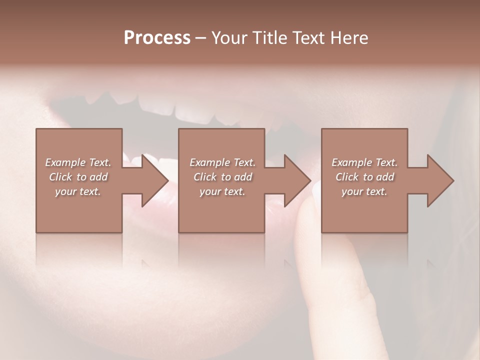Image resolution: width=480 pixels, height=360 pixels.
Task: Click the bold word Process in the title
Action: pos(157,38)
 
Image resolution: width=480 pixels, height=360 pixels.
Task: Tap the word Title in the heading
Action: pos(269,38)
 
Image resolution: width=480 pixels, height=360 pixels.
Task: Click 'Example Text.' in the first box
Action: pos(78,162)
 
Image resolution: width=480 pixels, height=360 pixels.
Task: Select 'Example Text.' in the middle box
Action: pos(222,162)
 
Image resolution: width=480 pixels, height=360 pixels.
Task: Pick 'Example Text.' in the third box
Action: pos(364,162)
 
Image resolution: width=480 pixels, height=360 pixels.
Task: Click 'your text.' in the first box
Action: pos(78,191)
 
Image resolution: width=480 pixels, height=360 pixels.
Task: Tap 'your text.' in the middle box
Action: pos(222,191)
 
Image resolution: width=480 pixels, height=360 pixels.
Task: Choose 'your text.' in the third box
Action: pos(364,191)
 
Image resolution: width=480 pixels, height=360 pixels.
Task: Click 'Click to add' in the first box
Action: pos(78,177)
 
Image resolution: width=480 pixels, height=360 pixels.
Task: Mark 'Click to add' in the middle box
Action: pos(222,177)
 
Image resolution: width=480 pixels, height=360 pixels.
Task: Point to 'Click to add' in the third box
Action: pos(364,177)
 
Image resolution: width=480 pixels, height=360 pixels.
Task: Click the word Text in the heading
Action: pos(307,38)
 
